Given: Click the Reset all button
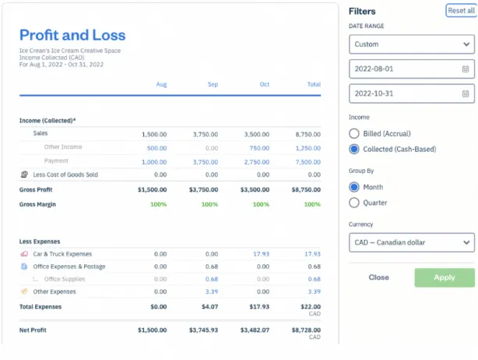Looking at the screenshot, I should tap(460, 11).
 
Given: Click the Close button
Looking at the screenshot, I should tap(379, 277).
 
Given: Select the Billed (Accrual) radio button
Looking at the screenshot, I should tap(355, 134).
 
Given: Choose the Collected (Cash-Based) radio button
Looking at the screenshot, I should tap(355, 149).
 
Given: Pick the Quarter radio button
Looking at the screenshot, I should tap(355, 203).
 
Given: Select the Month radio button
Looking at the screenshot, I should tap(355, 187).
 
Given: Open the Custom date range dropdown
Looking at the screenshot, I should tap(411, 44).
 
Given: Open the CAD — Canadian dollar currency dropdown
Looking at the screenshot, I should tap(411, 242).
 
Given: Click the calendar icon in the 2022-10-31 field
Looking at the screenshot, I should tap(466, 94).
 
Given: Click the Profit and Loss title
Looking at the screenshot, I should tap(72, 35).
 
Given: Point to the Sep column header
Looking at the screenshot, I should tap(212, 84).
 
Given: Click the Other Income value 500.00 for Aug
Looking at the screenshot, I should tap(156, 147).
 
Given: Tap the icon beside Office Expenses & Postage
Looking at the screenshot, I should tap(24, 266).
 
